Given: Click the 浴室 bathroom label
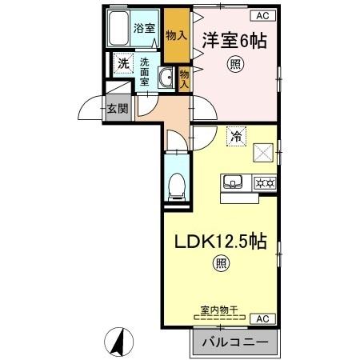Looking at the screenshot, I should click(x=145, y=25).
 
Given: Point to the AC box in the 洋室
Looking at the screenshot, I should click(x=262, y=14).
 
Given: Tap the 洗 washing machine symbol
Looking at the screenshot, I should click(x=124, y=63).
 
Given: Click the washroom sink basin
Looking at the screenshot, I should click(x=168, y=77).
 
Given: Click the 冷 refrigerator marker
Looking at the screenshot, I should click(x=235, y=137).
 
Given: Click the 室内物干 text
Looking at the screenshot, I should click(x=220, y=308).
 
